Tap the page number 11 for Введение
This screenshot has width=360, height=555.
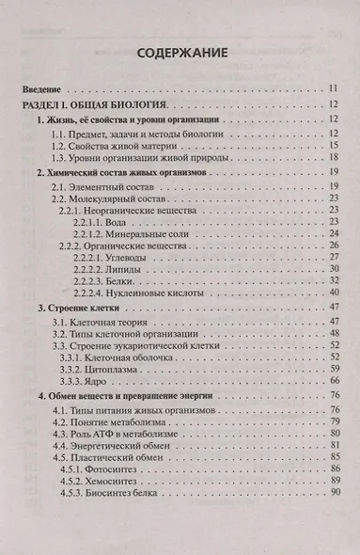coord(333,87)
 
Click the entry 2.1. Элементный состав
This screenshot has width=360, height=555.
coord(101,190)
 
